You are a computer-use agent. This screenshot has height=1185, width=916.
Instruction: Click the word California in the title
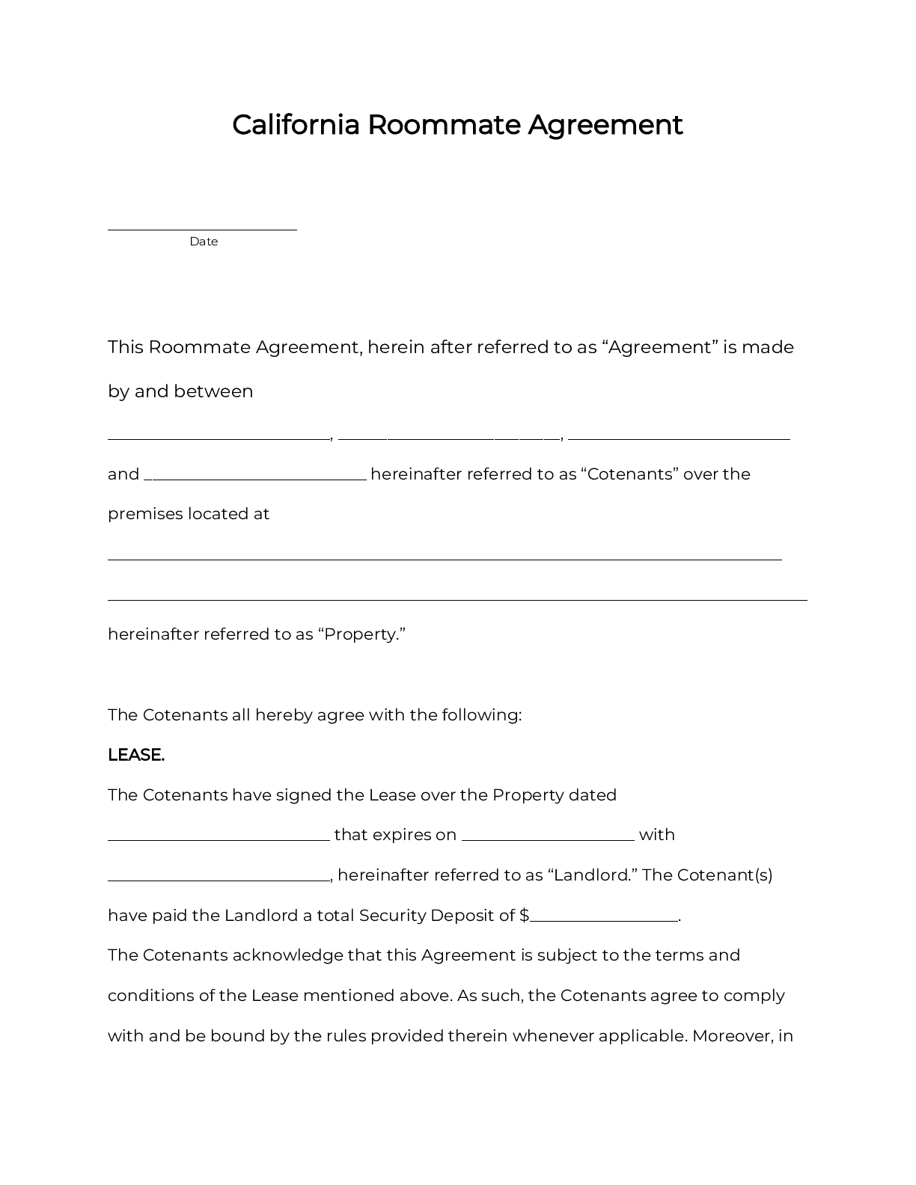(296, 125)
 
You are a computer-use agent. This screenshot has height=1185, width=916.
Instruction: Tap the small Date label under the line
(204, 242)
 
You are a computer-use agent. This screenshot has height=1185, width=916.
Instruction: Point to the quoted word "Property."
(361, 634)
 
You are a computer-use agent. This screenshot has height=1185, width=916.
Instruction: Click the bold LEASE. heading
(136, 756)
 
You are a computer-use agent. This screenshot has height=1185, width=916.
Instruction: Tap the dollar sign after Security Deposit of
(524, 916)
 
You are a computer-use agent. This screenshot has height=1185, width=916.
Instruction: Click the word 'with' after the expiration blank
(656, 835)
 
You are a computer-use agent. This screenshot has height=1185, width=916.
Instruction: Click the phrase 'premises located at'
(189, 514)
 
